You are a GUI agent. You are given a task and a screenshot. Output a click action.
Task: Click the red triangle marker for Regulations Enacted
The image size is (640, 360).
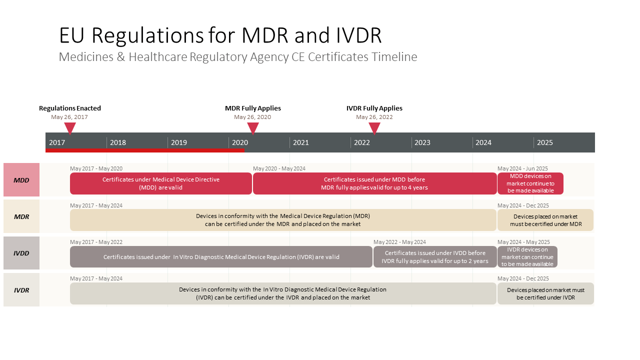pos(70,127)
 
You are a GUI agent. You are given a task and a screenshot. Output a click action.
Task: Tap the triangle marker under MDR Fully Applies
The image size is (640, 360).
pos(253,127)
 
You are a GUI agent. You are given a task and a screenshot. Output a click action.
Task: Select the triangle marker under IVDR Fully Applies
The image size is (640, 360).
pos(374,127)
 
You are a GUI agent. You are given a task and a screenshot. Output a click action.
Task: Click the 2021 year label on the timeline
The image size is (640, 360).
pos(301,142)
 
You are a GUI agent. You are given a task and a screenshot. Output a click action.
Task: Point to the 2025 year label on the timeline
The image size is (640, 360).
pos(545,142)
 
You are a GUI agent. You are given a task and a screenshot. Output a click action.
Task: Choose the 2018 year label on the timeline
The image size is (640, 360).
pos(118,142)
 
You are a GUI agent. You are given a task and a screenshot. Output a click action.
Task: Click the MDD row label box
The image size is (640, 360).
pos(21,179)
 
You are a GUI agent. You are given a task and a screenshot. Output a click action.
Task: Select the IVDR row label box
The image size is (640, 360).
pos(21,289)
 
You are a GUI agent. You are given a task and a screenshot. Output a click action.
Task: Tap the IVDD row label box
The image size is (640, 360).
pos(21,253)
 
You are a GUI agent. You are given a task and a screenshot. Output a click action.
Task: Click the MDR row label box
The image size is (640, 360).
pos(21,216)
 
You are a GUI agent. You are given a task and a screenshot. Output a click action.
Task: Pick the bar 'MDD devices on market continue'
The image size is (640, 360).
pos(530,183)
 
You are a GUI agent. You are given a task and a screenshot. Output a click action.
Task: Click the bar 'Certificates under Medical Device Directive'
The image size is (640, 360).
pos(161,183)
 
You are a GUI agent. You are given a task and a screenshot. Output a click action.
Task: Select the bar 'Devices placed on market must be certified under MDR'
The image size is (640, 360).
pos(545,220)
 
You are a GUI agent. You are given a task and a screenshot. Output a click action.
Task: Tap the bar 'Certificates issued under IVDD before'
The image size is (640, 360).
pos(435,257)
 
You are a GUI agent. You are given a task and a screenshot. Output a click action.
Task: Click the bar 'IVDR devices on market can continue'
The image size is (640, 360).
pos(527,257)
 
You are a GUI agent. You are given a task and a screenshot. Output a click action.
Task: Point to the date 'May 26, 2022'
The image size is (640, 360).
pos(374,117)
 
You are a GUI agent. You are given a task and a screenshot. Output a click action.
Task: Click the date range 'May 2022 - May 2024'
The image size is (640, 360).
pos(399,242)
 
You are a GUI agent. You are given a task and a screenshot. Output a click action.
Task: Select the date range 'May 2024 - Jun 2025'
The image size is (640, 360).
pos(522,168)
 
